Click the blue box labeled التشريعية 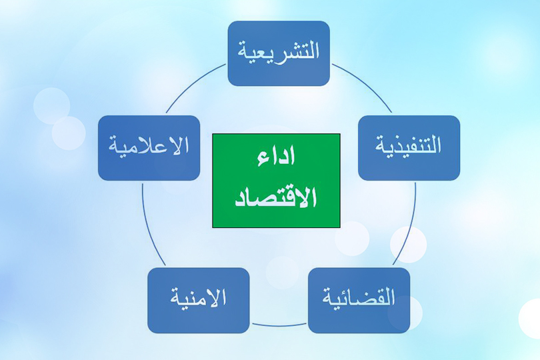coord(279,53)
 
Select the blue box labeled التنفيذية coord(409,147)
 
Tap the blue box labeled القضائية coord(359,300)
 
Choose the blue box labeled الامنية coord(198,300)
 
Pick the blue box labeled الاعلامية coord(149,147)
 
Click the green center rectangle coord(276,180)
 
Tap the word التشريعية coord(279,51)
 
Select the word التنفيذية coord(409,146)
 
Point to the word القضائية coord(359,297)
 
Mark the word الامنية coord(198,298)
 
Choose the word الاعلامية coord(149,146)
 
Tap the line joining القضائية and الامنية coord(279,326)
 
